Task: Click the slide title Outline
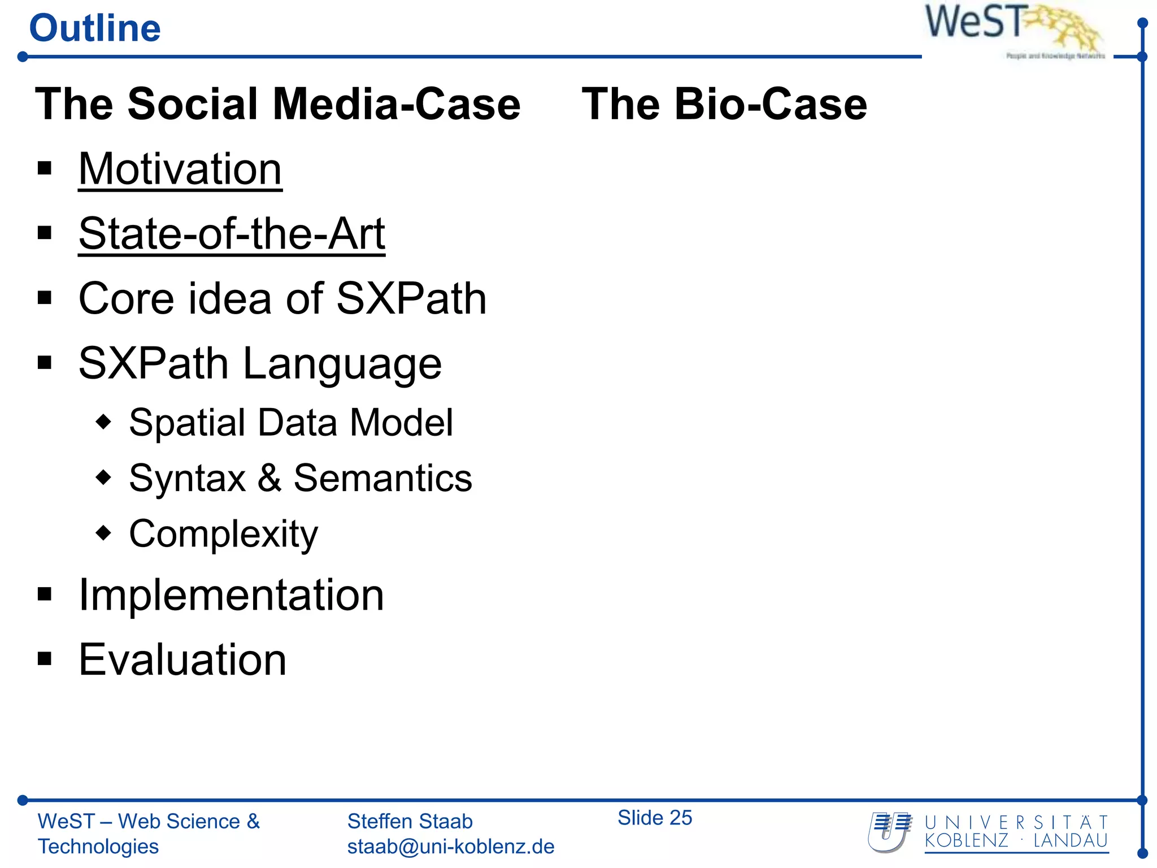95,28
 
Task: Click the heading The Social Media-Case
277,104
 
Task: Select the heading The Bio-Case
724,104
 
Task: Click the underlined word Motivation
180,169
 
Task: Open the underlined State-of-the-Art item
232,233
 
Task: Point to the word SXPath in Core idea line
411,298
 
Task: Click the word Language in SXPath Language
342,364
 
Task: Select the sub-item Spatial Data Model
290,423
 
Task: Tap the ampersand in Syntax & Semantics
269,478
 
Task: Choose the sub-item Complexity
223,534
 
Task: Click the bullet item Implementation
231,595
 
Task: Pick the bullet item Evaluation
182,659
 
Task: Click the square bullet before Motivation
45,168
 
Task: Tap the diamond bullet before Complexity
103,533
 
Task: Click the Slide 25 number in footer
654,818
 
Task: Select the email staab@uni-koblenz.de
450,847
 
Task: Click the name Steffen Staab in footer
410,821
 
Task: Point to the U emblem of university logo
889,832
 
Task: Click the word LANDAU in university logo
1070,841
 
